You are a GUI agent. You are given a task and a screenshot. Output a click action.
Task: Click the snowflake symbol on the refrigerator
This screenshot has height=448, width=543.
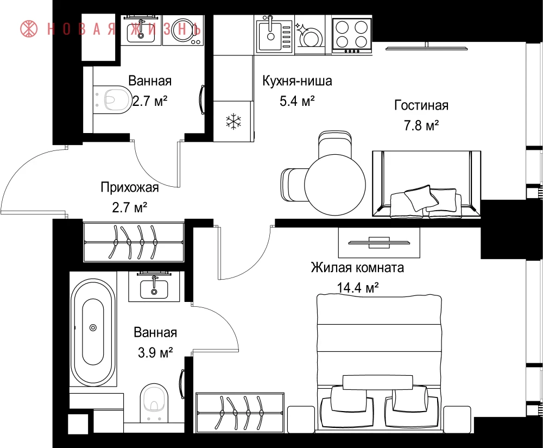(233, 121)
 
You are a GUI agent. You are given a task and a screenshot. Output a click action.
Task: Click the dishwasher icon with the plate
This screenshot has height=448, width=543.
(310, 36)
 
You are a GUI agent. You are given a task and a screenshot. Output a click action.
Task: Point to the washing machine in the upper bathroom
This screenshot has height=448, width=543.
(182, 30)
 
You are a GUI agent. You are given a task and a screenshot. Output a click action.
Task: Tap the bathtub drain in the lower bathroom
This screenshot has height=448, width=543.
(93, 327)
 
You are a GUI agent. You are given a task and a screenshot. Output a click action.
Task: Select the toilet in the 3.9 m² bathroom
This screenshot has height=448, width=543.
(154, 402)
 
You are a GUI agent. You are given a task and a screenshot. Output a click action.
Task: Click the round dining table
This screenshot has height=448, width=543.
(335, 184)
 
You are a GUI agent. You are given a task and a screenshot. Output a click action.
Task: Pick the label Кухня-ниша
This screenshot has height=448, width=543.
(297, 81)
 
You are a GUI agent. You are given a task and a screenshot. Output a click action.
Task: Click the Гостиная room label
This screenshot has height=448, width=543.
(421, 105)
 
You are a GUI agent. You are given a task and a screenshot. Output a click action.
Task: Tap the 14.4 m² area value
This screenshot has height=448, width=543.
(357, 287)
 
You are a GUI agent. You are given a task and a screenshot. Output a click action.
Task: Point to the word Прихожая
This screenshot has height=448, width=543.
(130, 187)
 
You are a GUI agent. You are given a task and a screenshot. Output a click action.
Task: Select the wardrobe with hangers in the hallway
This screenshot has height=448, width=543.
(134, 242)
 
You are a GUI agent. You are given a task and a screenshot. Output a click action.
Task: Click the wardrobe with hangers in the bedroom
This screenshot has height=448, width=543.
(239, 413)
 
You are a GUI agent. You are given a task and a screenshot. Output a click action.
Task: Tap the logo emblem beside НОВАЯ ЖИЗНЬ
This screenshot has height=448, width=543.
(29, 29)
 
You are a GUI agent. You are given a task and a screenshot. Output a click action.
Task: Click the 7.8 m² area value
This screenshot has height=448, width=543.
(421, 125)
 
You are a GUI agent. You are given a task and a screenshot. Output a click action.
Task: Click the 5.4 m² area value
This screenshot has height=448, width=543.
(297, 102)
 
